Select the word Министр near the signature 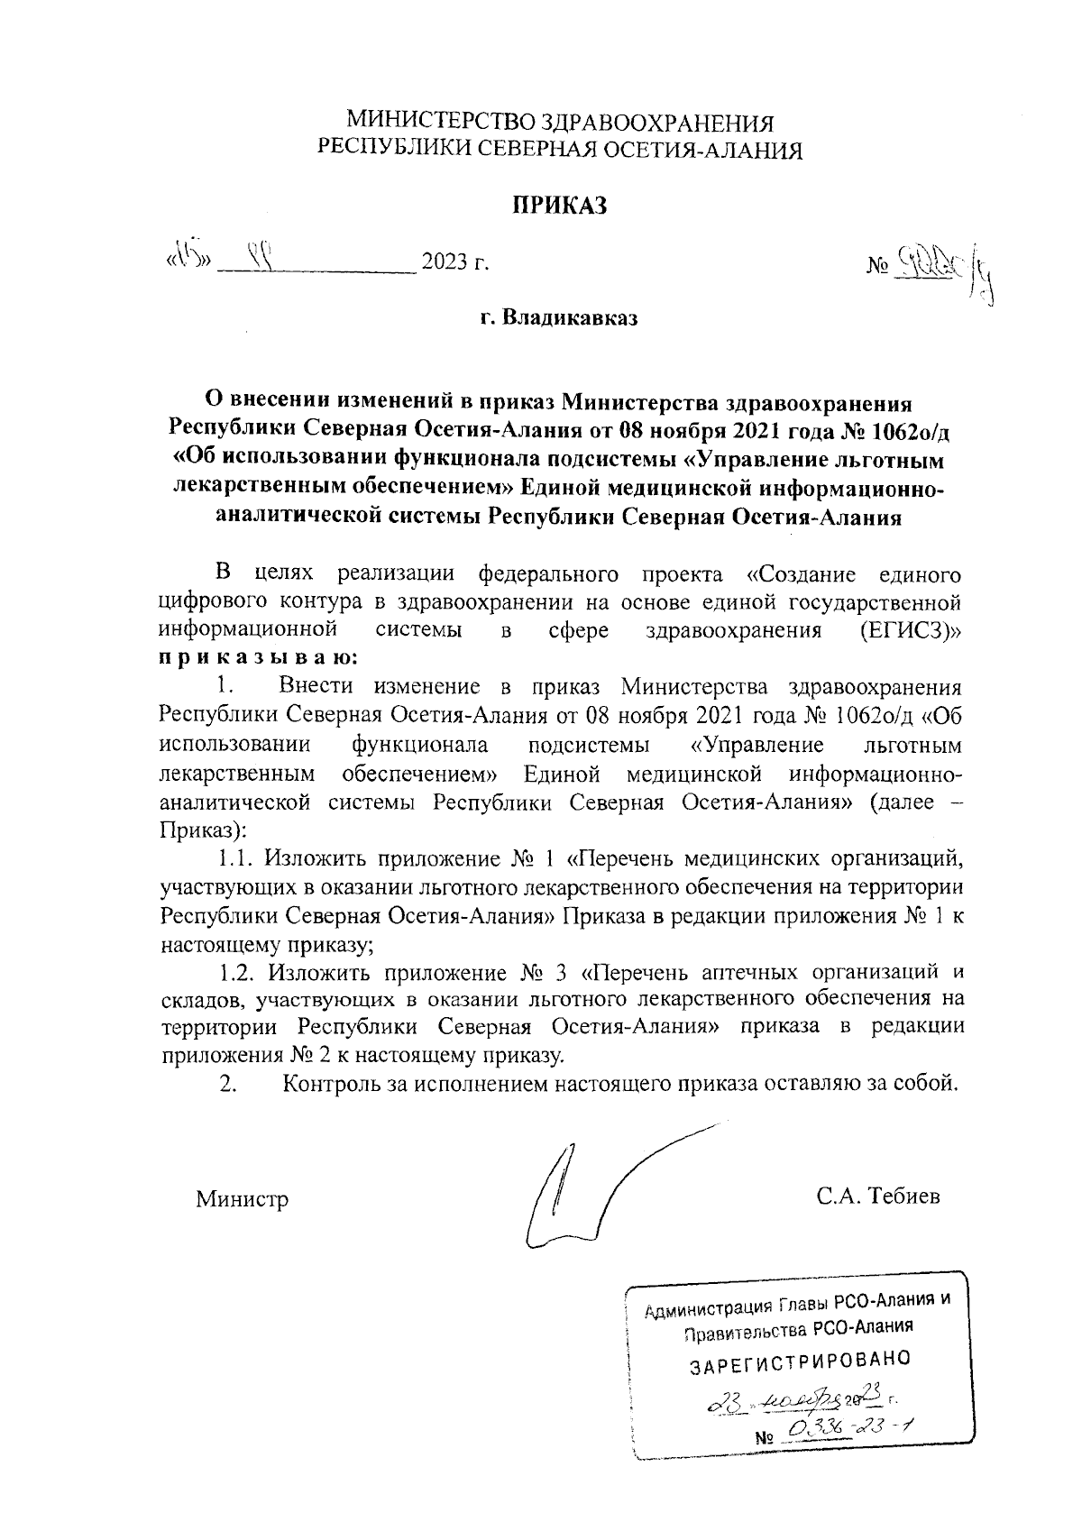coord(243,1199)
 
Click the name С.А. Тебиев coord(878,1196)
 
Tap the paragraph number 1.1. coord(238,856)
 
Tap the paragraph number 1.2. coord(240,973)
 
